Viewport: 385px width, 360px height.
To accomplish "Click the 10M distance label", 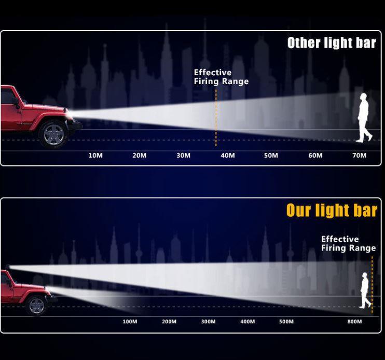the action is click(95, 155).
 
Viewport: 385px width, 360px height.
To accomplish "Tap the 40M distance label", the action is click(228, 155).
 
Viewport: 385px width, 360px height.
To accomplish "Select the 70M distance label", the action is click(360, 155).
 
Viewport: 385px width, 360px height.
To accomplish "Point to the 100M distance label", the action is click(130, 322).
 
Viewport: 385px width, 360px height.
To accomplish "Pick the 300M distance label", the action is click(209, 322).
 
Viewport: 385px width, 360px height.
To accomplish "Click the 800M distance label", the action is click(354, 322).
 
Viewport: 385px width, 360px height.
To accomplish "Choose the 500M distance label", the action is click(286, 322).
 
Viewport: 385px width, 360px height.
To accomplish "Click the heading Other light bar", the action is click(332, 43).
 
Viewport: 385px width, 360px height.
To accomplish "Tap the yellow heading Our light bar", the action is click(332, 210).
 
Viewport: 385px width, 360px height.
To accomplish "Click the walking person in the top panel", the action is click(364, 118).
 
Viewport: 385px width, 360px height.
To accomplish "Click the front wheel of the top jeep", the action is click(53, 134).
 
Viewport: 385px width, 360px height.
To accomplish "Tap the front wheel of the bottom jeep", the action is click(37, 306).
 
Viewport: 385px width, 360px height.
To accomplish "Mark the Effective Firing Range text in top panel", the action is click(221, 77).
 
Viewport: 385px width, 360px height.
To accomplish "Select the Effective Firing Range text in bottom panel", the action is click(348, 243).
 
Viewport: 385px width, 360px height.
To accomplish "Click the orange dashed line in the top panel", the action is click(216, 118).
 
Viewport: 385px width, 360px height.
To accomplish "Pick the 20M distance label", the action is click(140, 155).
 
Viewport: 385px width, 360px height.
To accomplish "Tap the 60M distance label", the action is click(315, 155).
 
